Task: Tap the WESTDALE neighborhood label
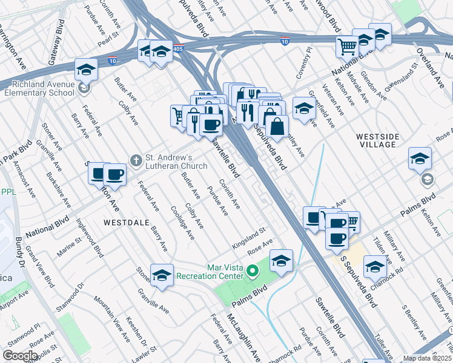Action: (127, 222)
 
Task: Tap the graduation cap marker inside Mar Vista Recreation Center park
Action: (281, 261)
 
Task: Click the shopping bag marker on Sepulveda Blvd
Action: (276, 127)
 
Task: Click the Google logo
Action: (20, 355)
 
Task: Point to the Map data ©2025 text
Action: (427, 358)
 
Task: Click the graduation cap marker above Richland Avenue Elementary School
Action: (86, 70)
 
